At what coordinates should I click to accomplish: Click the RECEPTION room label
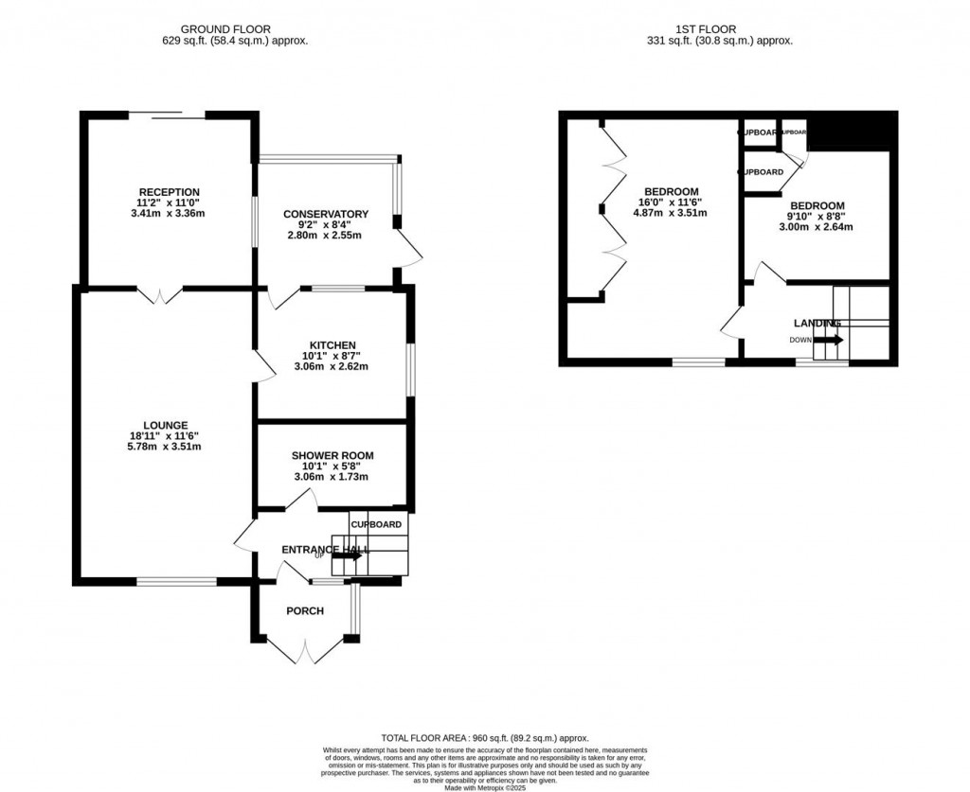click(x=169, y=192)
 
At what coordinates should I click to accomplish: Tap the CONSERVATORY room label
click(x=326, y=214)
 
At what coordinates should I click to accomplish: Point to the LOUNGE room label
click(x=166, y=425)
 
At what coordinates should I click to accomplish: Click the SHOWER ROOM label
click(x=332, y=455)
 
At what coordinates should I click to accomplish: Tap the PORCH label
click(x=305, y=611)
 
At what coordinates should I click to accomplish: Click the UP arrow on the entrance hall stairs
click(x=347, y=556)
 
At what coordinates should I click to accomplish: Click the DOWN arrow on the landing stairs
click(x=827, y=340)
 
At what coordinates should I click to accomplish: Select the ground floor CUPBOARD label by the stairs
click(x=377, y=524)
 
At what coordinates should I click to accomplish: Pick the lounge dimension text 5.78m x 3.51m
click(x=166, y=447)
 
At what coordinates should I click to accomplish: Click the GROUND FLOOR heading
click(x=235, y=29)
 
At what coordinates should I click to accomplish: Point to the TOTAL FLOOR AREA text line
click(x=484, y=738)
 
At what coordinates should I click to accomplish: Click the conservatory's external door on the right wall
click(x=410, y=248)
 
